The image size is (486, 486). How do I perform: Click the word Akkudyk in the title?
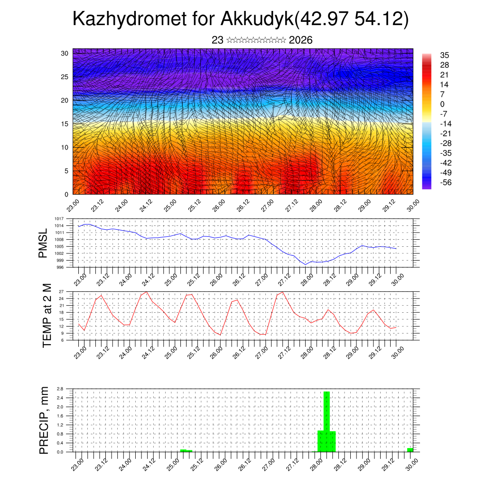pyautogui.click(x=257, y=19)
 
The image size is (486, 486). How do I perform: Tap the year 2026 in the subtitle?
pyautogui.click(x=300, y=40)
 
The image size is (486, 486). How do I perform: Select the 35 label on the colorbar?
pyautogui.click(x=445, y=56)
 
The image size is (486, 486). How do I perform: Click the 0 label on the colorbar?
pyautogui.click(x=442, y=104)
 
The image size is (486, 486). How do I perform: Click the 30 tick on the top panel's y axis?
pyautogui.click(x=65, y=53)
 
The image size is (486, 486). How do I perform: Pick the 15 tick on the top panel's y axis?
pyautogui.click(x=65, y=124)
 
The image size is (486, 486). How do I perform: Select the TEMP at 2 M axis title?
pyautogui.click(x=47, y=316)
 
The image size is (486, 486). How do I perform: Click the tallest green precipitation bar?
pyautogui.click(x=327, y=420)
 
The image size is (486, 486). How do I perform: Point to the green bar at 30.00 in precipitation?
pyautogui.click(x=410, y=449)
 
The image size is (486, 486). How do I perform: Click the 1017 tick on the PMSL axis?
pyautogui.click(x=59, y=219)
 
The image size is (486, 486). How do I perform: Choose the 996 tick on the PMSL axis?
pyautogui.click(x=60, y=267)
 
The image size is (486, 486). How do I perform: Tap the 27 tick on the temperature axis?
pyautogui.click(x=61, y=291)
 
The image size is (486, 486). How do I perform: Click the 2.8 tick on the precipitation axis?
pyautogui.click(x=60, y=389)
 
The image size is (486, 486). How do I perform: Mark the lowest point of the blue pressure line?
pyautogui.click(x=307, y=264)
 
